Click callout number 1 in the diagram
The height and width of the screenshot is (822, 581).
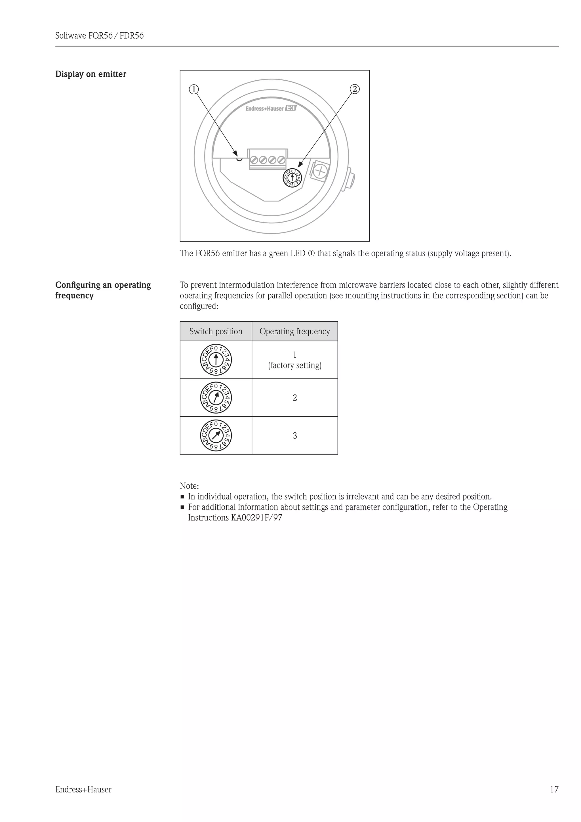193,89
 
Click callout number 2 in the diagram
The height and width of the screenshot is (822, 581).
355,89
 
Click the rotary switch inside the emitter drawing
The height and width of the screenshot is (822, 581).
292,178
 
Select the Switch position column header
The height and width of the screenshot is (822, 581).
216,332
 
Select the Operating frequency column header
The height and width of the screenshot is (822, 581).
295,332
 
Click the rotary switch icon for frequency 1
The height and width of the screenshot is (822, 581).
216,360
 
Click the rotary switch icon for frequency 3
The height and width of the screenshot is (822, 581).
216,435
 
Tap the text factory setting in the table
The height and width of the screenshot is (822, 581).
295,366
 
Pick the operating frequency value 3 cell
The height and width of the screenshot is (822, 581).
295,436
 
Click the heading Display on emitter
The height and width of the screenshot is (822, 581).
91,74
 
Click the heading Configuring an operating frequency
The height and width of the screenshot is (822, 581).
103,290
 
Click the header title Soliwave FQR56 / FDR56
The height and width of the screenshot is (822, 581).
100,36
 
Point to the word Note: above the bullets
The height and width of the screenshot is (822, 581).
189,486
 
